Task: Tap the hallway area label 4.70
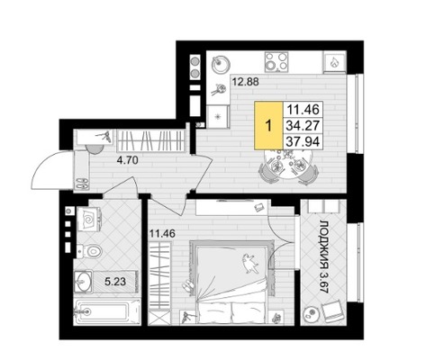click(x=128, y=160)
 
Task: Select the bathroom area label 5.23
click(x=115, y=282)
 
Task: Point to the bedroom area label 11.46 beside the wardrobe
click(x=162, y=233)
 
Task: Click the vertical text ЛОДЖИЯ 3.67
click(x=324, y=257)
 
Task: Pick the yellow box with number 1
click(x=268, y=125)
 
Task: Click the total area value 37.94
click(x=303, y=141)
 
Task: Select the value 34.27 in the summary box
click(x=303, y=125)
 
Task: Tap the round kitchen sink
click(x=221, y=64)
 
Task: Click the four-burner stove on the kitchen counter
click(x=276, y=62)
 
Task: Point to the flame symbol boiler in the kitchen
click(x=333, y=62)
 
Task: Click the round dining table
click(x=288, y=164)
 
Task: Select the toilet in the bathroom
click(x=89, y=250)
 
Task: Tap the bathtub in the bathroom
click(x=107, y=311)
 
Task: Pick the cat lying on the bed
click(x=249, y=263)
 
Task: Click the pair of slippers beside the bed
click(x=187, y=286)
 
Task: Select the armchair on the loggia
click(x=331, y=311)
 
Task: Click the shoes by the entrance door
click(x=82, y=183)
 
